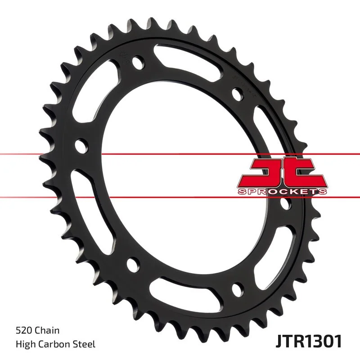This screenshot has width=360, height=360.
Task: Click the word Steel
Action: (84, 345)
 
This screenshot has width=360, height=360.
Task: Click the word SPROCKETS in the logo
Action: (282, 192)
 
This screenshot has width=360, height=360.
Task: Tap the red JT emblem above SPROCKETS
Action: (281, 172)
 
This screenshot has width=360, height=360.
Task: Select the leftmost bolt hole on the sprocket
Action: (81, 146)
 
